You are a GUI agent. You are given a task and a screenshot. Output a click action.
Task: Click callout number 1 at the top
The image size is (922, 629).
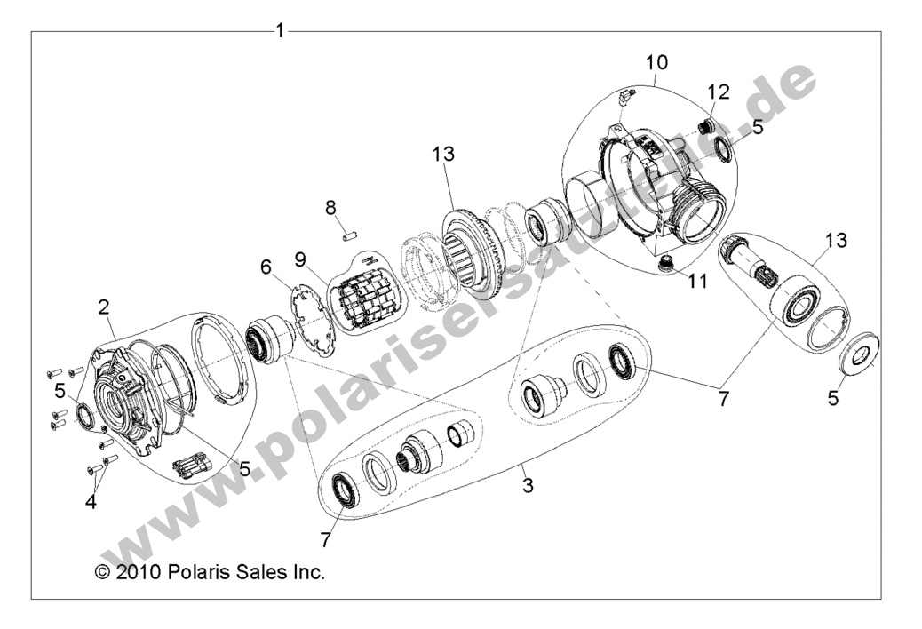(x=280, y=31)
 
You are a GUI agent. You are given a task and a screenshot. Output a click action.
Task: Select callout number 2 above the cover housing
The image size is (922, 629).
(x=104, y=308)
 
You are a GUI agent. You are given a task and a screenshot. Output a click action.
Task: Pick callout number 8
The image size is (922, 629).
(x=330, y=208)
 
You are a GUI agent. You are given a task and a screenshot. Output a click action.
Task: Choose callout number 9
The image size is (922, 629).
(x=300, y=259)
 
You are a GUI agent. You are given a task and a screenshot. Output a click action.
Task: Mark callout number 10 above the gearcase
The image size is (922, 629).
(x=656, y=63)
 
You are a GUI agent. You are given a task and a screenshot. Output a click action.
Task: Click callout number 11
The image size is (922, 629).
(x=697, y=281)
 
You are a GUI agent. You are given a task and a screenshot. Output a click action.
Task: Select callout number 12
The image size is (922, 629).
(x=718, y=92)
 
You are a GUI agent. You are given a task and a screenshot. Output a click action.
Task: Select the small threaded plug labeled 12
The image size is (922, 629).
(x=709, y=123)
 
